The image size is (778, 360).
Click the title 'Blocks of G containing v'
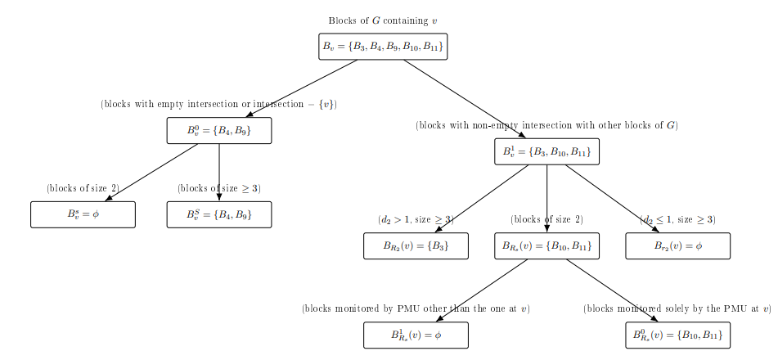click(x=383, y=20)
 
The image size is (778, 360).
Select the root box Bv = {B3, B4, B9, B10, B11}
click(x=383, y=47)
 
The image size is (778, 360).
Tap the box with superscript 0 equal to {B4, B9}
click(x=219, y=131)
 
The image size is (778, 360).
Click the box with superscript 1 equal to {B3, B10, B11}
click(x=546, y=151)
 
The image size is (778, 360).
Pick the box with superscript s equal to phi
click(x=83, y=214)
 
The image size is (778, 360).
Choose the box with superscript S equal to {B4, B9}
click(x=219, y=214)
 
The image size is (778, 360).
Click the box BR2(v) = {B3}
click(x=416, y=246)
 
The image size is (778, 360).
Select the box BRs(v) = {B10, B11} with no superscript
click(x=546, y=246)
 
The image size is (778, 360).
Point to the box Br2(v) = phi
click(x=677, y=246)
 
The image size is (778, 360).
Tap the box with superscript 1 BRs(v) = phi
click(x=416, y=335)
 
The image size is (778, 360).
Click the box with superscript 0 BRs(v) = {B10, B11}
click(x=677, y=335)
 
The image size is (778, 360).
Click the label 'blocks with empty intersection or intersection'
click(x=218, y=105)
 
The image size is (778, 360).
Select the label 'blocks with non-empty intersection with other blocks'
click(x=546, y=126)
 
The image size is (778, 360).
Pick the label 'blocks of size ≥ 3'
click(x=219, y=188)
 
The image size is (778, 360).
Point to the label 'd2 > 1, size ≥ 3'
click(x=416, y=220)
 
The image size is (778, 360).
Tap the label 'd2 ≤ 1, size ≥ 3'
click(x=677, y=220)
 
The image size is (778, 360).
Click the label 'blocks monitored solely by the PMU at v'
click(x=677, y=309)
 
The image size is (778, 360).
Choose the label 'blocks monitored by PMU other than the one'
click(x=416, y=309)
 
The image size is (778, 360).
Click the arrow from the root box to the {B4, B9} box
click(x=303, y=88)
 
